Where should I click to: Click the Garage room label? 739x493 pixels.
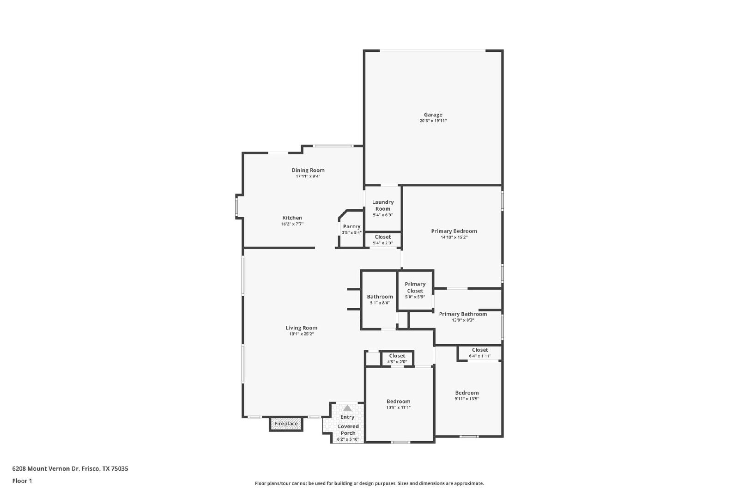tap(433, 115)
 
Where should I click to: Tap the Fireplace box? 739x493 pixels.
tap(286, 424)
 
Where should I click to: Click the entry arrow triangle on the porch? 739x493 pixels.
tap(347, 408)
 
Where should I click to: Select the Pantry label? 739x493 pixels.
tap(351, 226)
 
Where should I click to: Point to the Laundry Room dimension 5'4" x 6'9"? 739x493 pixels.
tap(383, 215)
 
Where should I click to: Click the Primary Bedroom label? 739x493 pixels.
tap(454, 231)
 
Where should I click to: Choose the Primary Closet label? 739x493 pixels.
tap(415, 287)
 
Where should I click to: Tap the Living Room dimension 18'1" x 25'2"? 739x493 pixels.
tap(302, 334)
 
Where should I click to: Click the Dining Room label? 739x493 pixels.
tap(308, 170)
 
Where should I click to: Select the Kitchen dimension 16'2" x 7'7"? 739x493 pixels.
tap(292, 224)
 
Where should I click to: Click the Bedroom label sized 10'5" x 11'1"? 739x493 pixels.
tap(399, 402)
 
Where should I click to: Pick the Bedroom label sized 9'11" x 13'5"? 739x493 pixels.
tap(467, 393)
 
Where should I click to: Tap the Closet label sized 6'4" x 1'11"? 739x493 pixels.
tap(480, 350)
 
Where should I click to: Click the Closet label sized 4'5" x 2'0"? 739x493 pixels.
tap(397, 356)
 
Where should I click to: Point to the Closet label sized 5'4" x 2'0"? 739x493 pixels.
tap(383, 237)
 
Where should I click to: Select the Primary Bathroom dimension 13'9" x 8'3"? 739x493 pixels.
tap(463, 320)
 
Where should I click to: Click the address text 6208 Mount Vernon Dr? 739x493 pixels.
tap(46, 469)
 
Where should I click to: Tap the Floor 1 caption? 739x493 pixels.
tap(22, 481)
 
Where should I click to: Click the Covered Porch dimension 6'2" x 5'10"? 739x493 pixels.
tap(348, 439)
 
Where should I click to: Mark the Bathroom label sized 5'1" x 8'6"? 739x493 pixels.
tap(380, 297)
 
